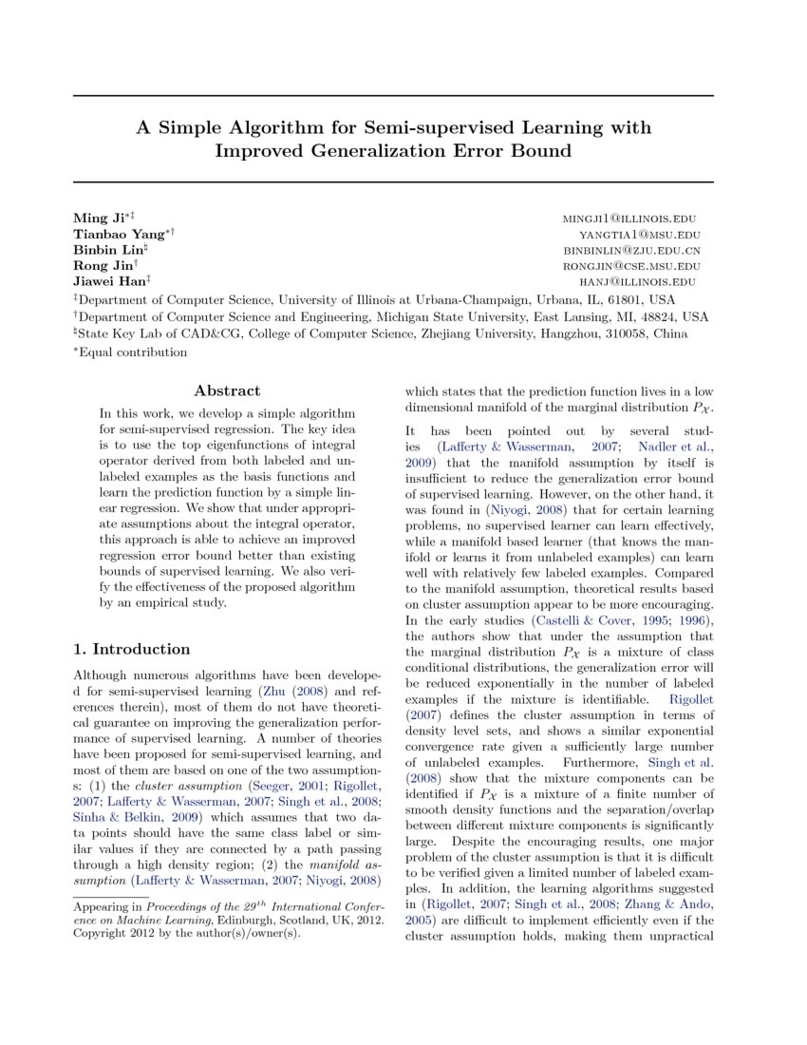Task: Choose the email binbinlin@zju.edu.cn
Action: pos(631,251)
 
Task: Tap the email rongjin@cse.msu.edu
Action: pos(630,267)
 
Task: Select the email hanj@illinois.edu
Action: pos(639,282)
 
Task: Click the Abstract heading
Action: pos(227,390)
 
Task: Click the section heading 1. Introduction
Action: pos(132,649)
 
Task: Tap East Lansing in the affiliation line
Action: pos(552,316)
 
